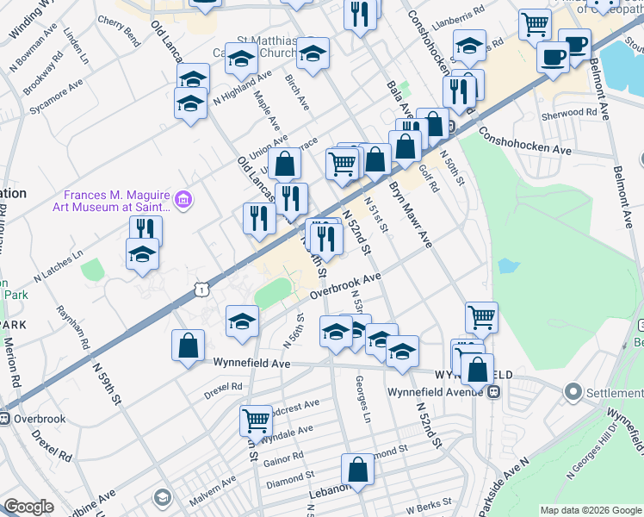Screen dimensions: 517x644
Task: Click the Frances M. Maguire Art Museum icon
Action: click(183, 201)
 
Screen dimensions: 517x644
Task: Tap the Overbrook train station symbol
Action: click(5, 419)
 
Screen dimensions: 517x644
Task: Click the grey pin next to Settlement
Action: click(573, 393)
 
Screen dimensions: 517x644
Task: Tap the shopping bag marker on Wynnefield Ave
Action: click(189, 346)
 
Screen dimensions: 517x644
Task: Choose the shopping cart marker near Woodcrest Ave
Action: click(256, 420)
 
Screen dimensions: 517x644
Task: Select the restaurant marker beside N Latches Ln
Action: click(146, 229)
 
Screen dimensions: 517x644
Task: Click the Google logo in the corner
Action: click(28, 506)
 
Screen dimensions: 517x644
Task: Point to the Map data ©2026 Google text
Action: click(591, 510)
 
